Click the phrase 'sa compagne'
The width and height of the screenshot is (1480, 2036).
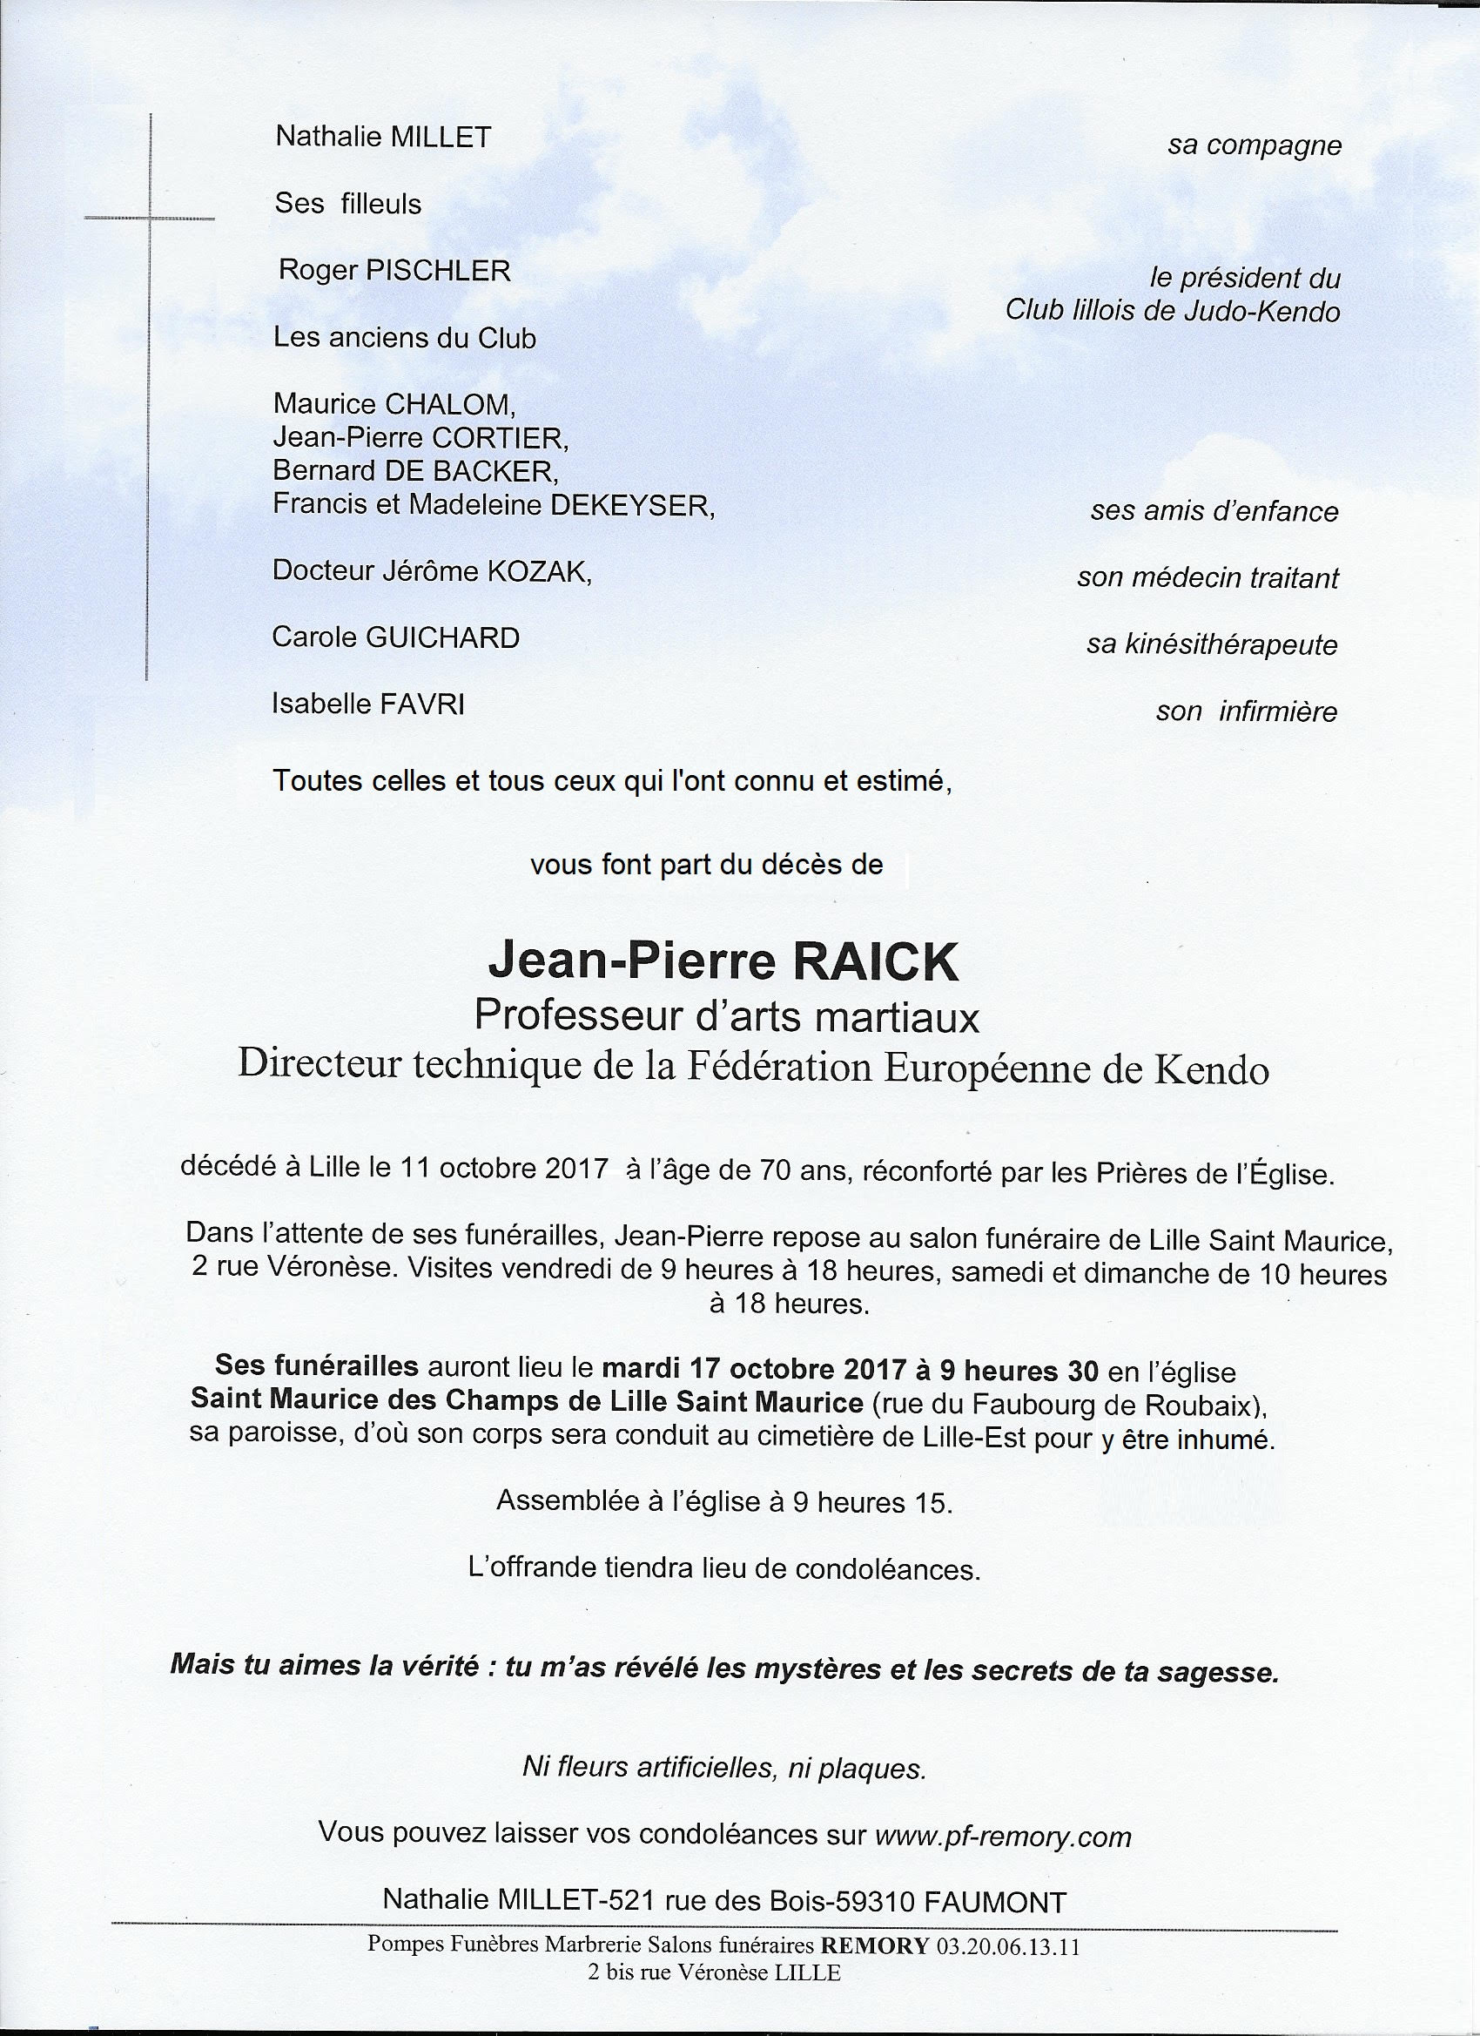pyautogui.click(x=1254, y=145)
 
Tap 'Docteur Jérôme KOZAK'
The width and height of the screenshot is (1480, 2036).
pyautogui.click(x=432, y=572)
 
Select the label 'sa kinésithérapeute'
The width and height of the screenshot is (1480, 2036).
pyautogui.click(x=1212, y=644)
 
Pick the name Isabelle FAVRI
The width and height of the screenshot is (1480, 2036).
pyautogui.click(x=369, y=705)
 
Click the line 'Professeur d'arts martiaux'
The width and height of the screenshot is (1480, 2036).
pyautogui.click(x=726, y=1017)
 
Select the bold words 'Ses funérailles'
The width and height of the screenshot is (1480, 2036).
pyautogui.click(x=317, y=1368)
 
